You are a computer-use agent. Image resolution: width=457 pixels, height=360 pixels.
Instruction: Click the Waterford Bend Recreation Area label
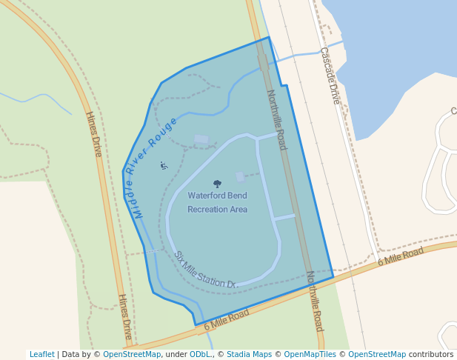217,202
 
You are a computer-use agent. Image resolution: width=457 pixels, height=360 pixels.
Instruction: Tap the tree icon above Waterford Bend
217,184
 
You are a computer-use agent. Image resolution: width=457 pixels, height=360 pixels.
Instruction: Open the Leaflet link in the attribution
41,354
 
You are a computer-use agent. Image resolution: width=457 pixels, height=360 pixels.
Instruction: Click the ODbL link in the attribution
200,354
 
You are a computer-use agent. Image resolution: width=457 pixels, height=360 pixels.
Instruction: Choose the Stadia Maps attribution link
249,354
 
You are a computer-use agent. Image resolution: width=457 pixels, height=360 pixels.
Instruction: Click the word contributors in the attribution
430,354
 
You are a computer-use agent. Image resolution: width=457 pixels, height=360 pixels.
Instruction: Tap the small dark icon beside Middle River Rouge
164,165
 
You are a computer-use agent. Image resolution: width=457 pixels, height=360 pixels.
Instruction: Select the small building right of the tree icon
240,177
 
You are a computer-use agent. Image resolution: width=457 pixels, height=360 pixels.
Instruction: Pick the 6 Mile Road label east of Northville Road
400,256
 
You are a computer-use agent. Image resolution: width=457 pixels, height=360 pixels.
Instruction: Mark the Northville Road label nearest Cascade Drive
276,119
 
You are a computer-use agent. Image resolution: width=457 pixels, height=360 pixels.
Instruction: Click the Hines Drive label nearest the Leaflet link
124,316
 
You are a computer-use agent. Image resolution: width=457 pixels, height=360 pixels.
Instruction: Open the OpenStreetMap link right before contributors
377,354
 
